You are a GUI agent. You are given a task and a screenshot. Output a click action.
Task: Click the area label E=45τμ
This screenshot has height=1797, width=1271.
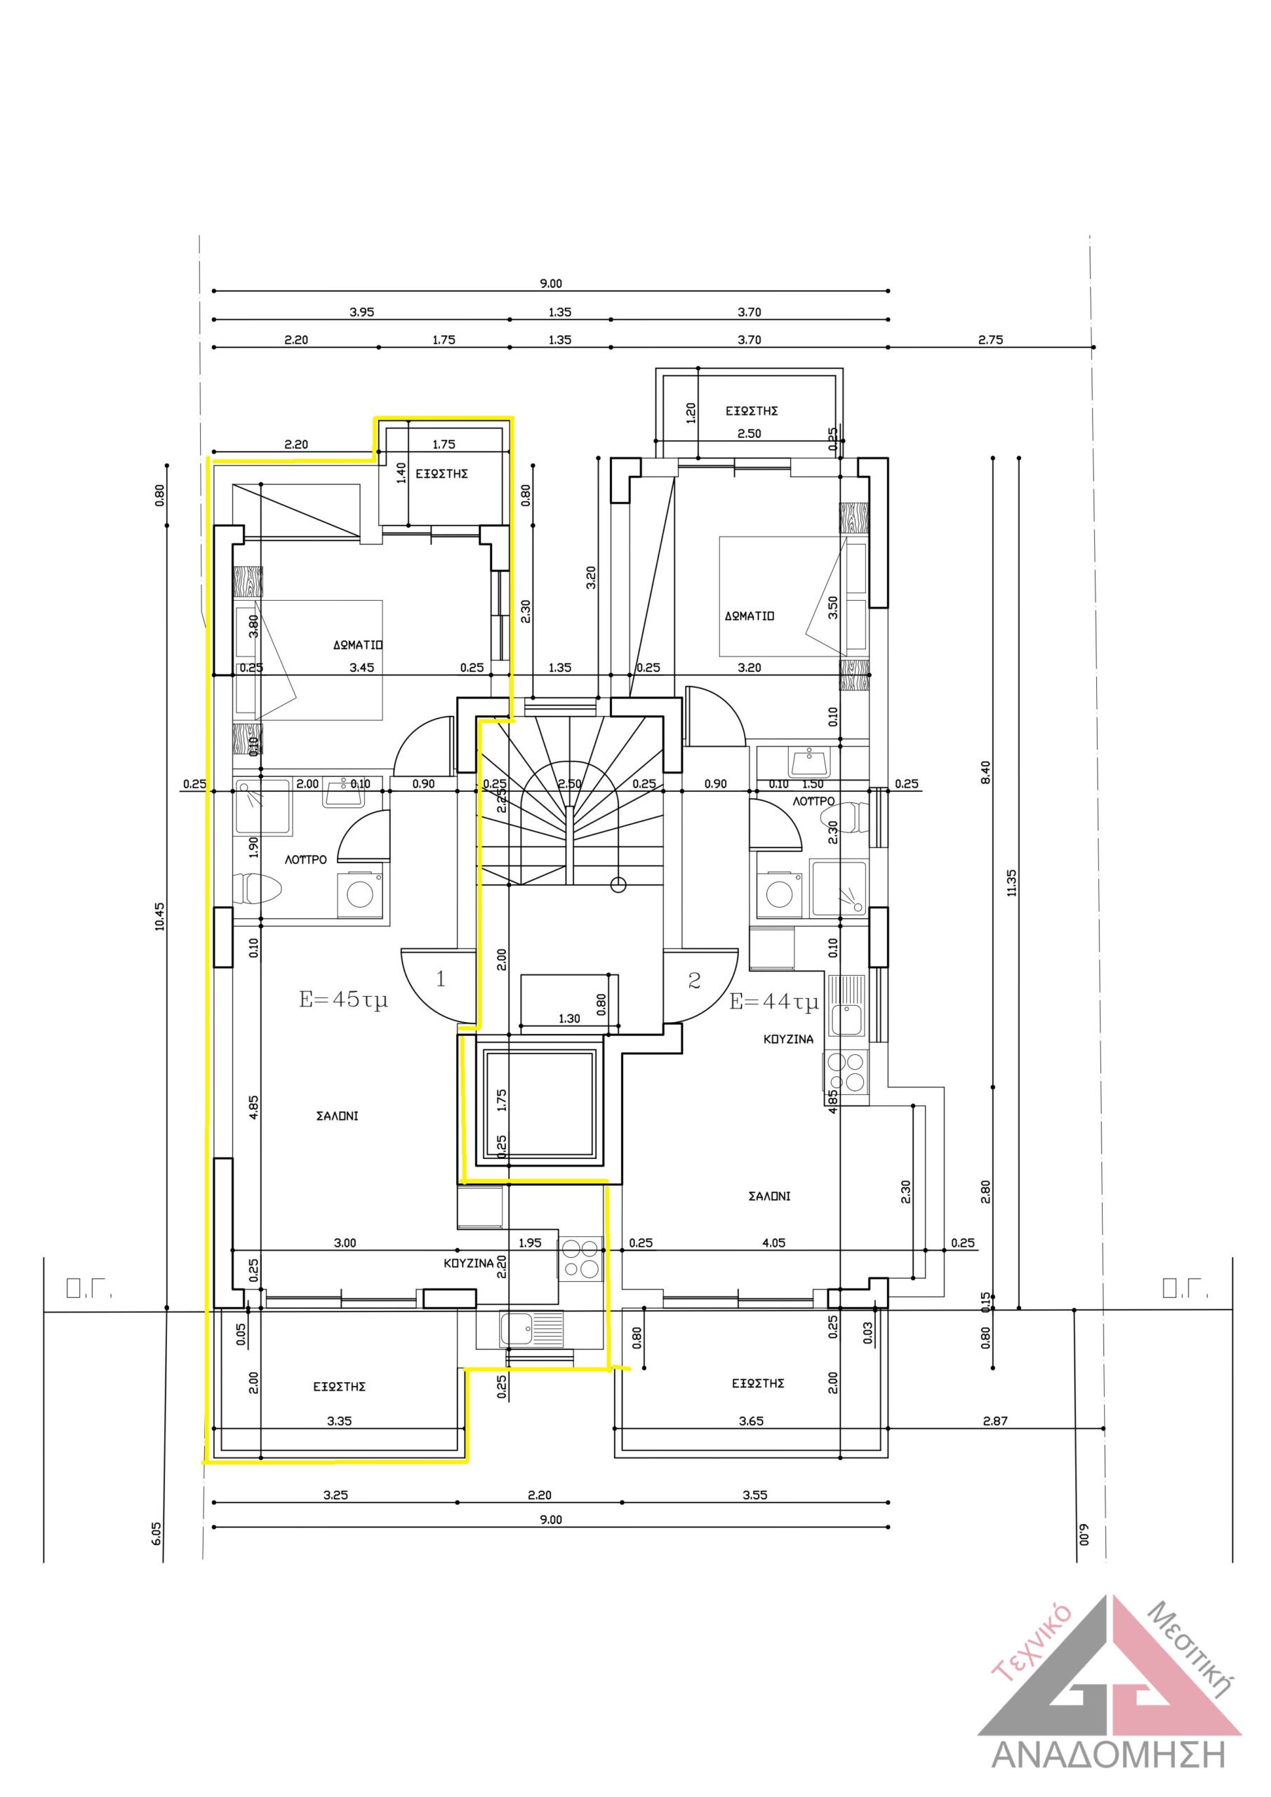344,1000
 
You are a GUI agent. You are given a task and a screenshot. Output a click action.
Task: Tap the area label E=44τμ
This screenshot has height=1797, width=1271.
774,1002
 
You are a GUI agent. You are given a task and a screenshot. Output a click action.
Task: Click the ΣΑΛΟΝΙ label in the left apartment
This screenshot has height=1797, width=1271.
338,1116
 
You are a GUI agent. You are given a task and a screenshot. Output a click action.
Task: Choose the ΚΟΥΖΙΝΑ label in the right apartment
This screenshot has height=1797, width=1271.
788,1040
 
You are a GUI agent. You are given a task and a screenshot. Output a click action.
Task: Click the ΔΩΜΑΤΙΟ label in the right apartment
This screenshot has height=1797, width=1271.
749,616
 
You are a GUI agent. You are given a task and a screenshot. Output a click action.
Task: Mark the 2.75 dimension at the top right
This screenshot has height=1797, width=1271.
990,340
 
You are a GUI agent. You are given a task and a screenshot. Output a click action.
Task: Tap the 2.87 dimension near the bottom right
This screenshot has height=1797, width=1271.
994,1421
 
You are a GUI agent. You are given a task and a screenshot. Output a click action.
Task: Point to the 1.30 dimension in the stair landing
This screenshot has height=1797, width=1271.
569,1019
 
